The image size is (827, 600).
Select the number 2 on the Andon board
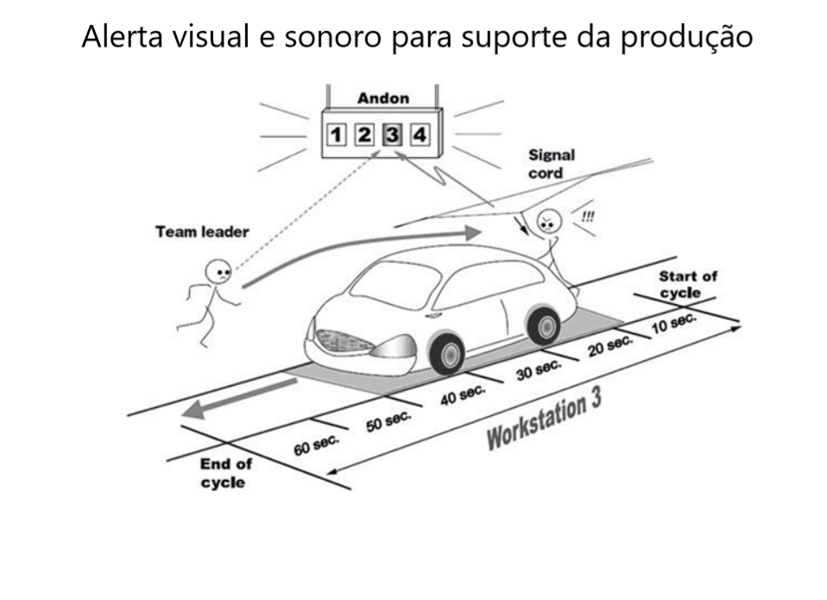tap(364, 135)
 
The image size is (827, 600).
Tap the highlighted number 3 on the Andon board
tap(392, 135)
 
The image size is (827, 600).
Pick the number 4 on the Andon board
tap(419, 135)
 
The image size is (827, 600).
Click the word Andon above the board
tap(383, 98)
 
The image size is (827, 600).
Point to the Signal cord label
tap(552, 164)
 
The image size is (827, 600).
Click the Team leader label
tap(202, 231)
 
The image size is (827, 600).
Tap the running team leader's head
tap(218, 272)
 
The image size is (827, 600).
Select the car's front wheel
tap(447, 352)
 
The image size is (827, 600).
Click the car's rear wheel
tap(544, 325)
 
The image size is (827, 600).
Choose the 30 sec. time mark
tap(539, 369)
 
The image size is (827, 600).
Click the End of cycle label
tap(225, 473)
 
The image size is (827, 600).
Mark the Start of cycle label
tap(688, 284)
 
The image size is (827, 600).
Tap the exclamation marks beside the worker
tap(588, 217)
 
